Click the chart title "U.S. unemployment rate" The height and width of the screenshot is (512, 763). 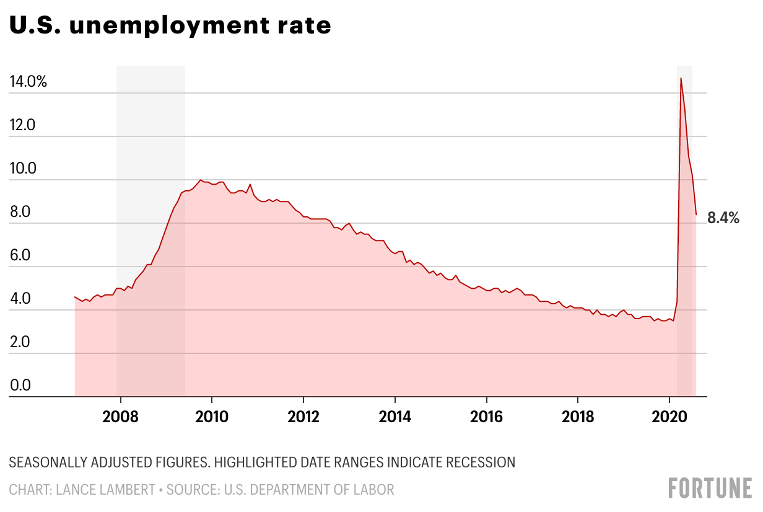point(170,26)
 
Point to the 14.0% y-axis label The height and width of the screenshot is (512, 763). point(28,82)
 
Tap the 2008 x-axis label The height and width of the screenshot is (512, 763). point(120,415)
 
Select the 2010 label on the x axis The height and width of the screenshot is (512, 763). point(212,415)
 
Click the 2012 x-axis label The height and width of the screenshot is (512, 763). point(303,415)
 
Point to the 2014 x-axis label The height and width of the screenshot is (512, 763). point(395,415)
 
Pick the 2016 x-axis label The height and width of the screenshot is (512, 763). point(487,415)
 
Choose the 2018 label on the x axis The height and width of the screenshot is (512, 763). point(578,415)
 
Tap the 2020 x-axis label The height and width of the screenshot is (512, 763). point(669,415)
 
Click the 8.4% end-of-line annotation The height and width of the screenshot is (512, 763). point(723,218)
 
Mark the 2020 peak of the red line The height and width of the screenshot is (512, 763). point(681,78)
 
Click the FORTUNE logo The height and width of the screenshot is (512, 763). point(710,488)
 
